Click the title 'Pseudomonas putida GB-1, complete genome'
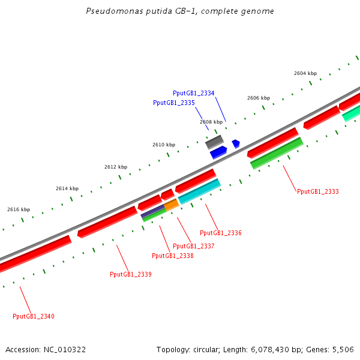tap(180, 11)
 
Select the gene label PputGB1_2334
tap(193, 93)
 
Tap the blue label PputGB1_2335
tap(173, 103)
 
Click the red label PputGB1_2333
tap(317, 192)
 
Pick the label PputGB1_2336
tap(220, 233)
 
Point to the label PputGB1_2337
tap(193, 246)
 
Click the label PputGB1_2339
tap(130, 274)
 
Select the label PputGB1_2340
tap(33, 316)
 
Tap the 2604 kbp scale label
tap(305, 73)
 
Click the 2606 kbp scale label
tap(258, 98)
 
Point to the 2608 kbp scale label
tap(211, 122)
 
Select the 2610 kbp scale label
tap(163, 145)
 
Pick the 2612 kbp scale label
tap(115, 167)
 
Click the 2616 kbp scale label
tap(18, 209)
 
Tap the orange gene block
tap(172, 205)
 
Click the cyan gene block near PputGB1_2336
tap(199, 191)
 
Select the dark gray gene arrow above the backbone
tap(214, 142)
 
